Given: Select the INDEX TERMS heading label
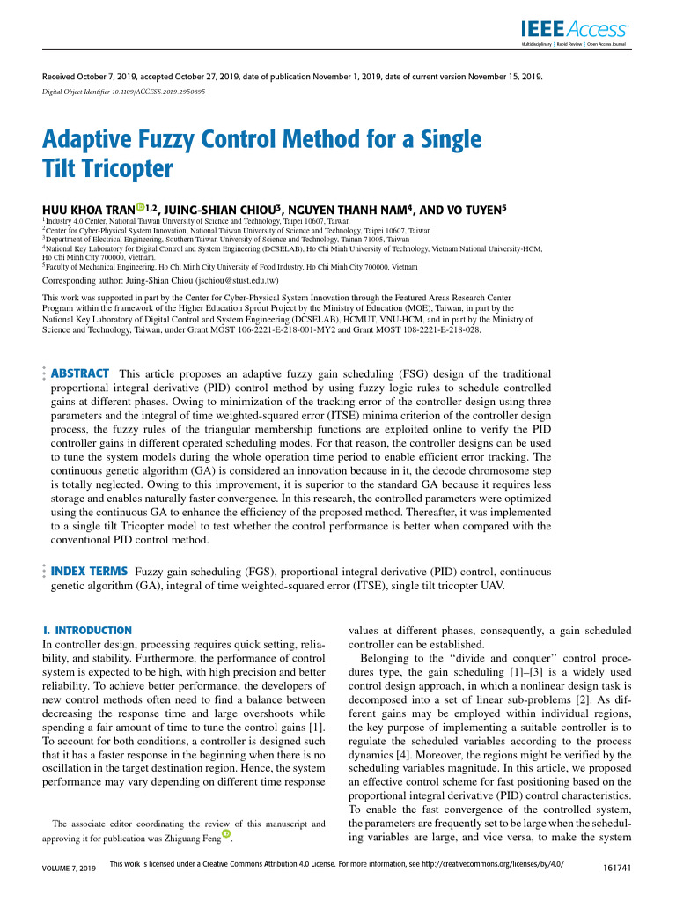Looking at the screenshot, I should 91,571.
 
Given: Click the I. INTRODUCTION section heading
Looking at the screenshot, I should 88,631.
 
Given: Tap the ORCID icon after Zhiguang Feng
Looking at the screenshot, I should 228,834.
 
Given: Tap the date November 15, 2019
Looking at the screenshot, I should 503,76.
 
